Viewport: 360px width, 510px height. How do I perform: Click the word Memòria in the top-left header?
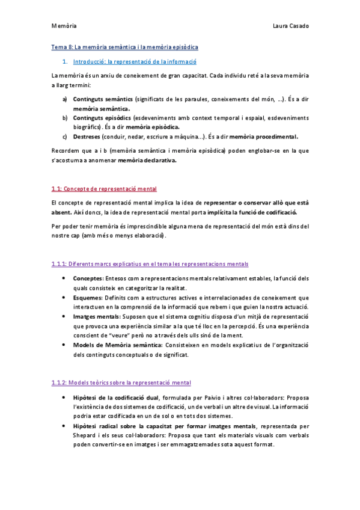(64, 26)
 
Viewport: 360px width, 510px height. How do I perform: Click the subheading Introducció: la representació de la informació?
(134, 61)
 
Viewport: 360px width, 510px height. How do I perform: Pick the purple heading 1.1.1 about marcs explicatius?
(150, 264)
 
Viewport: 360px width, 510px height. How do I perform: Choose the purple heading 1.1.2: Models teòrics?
(121, 382)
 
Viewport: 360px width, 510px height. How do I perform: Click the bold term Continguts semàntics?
(103, 99)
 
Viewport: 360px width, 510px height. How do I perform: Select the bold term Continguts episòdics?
(102, 117)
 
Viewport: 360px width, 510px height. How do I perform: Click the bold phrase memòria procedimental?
(264, 137)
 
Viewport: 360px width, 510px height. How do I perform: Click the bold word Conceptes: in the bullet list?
(88, 278)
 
